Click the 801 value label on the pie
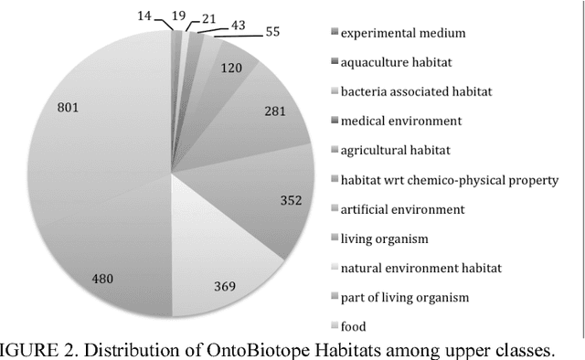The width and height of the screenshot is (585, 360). coord(68,108)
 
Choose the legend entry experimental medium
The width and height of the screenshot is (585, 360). coord(403,33)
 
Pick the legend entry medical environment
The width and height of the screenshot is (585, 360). coord(401,121)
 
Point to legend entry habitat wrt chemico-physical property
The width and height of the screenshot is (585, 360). coord(449,180)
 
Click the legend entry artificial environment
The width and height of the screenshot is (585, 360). coord(402,209)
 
